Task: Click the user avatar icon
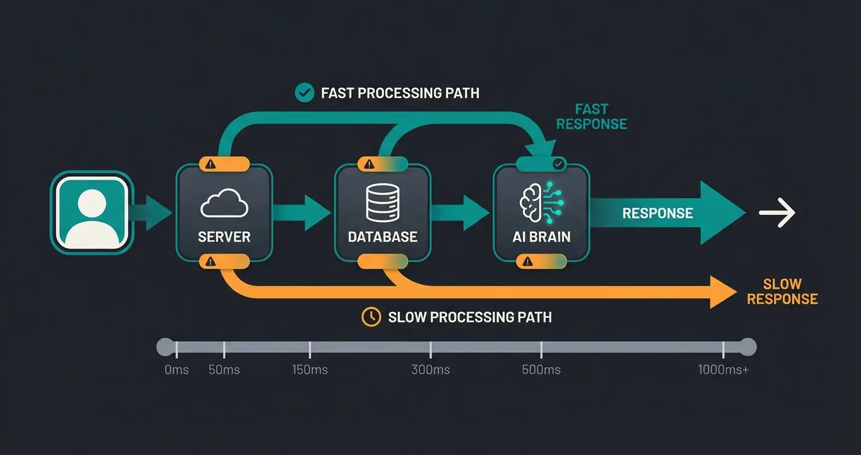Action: click(91, 212)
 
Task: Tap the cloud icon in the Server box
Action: click(224, 203)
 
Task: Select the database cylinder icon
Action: click(383, 203)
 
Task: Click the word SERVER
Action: click(224, 237)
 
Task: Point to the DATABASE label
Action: click(383, 237)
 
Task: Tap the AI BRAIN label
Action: click(541, 237)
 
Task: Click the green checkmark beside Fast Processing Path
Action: click(304, 93)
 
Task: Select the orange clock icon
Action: click(371, 317)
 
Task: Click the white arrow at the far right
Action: click(777, 213)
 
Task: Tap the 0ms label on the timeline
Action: click(177, 370)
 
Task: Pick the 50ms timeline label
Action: click(224, 370)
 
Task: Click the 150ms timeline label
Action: click(310, 370)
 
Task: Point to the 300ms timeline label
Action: click(431, 370)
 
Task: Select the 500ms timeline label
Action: click(541, 370)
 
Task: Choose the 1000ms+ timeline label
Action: click(723, 370)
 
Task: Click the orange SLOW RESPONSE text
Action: click(782, 292)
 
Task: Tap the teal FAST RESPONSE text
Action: click(591, 117)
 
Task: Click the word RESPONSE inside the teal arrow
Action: click(658, 213)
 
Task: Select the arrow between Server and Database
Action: click(302, 212)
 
